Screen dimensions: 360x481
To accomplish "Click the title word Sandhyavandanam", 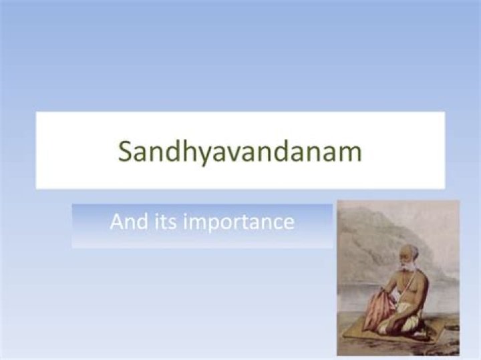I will click(240, 152).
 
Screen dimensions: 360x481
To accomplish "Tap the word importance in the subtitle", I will click(238, 222).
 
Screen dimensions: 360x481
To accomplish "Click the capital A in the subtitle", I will click(118, 221).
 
